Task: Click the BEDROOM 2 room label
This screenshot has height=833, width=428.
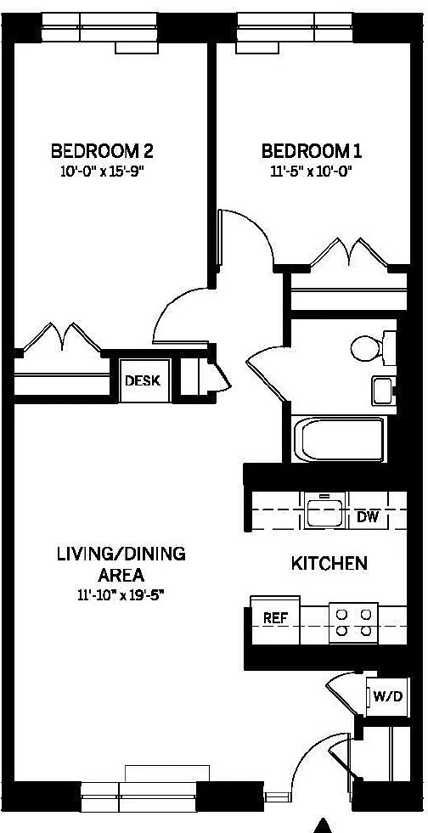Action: pos(102,151)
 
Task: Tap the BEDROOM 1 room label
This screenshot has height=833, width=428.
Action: pos(312,151)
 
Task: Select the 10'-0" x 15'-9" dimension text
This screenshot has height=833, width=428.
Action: pos(102,172)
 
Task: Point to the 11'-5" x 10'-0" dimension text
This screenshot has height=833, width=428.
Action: pos(312,172)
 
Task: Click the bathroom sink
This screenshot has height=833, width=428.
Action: pos(382,391)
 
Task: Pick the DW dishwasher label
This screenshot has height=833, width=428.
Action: pos(368,517)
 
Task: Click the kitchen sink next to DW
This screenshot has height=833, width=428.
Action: pos(324,510)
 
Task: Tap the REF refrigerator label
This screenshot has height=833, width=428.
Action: pos(275,619)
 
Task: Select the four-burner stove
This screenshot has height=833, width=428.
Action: pos(353,622)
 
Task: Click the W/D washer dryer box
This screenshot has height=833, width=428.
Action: pos(387,696)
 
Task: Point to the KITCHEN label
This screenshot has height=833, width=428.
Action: pos(329,564)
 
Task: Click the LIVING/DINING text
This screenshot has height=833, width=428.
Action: pos(121,554)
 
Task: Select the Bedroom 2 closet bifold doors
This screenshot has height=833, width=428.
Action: pos(62,337)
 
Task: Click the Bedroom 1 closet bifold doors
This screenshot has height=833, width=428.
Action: pos(349,252)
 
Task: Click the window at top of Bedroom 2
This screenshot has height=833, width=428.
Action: pos(99,28)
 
